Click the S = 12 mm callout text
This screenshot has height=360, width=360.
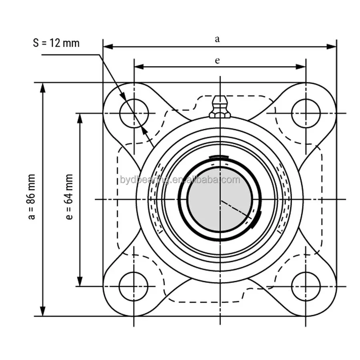click(x=56, y=43)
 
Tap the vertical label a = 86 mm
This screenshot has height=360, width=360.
click(x=32, y=197)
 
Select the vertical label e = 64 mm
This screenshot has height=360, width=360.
click(x=69, y=197)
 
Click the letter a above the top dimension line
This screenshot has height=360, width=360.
click(x=217, y=39)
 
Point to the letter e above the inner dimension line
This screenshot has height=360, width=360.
click(x=217, y=61)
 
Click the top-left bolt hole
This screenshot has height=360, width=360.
click(x=134, y=113)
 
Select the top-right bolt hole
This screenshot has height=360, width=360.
click(x=306, y=113)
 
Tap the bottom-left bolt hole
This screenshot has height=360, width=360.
click(x=134, y=286)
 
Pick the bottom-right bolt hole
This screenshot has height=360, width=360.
click(x=306, y=286)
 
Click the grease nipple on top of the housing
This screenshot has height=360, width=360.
click(x=220, y=107)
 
